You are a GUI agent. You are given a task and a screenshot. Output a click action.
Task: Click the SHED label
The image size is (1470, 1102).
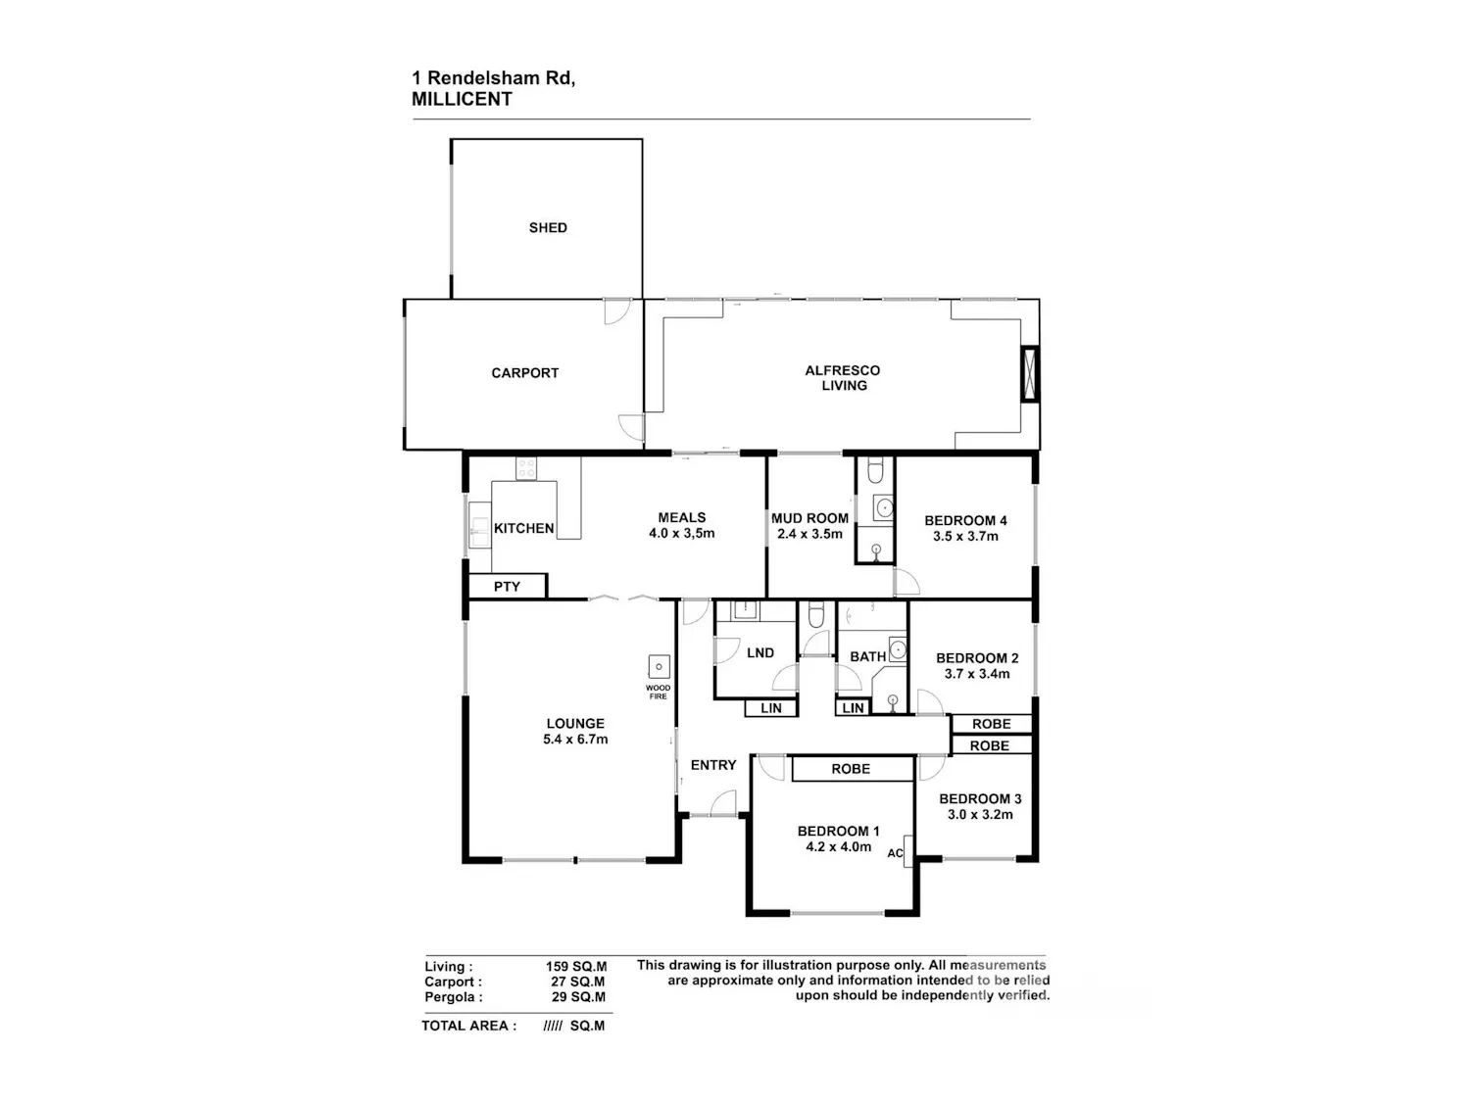pos(548,227)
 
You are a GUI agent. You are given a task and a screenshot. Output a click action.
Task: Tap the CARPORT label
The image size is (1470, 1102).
pos(525,372)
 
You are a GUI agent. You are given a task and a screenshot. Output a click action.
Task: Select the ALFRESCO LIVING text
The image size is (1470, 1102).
pos(843,378)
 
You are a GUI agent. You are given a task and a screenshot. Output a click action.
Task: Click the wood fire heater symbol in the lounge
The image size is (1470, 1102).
pos(659,666)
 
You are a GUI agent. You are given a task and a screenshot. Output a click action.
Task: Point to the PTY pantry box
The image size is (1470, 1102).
pos(508,586)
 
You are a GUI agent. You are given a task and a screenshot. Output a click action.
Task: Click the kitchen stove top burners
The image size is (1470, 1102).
pos(526,468)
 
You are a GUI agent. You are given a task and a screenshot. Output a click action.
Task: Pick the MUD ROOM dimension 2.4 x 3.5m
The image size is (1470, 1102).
pos(809,534)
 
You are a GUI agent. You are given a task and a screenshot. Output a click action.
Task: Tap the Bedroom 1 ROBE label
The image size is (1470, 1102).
pos(852,769)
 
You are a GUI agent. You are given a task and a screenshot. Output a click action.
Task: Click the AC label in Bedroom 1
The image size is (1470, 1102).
pos(895,853)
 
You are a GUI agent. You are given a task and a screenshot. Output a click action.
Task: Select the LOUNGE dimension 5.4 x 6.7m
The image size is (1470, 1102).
pos(575,740)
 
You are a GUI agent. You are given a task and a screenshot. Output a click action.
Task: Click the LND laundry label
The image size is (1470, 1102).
pos(760,653)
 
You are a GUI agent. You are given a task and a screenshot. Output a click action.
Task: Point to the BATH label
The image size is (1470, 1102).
pos(868,657)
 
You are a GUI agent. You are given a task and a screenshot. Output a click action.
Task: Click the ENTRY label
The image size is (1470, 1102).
pos(713,765)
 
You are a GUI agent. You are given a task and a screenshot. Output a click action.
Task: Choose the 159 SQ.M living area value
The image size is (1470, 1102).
pos(576,967)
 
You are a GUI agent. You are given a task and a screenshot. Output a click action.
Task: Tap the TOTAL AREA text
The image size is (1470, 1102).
pos(468,1026)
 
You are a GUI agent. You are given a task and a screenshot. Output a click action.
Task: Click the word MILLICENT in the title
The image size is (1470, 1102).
pos(462,99)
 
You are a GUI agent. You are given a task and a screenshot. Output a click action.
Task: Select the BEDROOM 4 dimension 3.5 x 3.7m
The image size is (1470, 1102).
pos(965,536)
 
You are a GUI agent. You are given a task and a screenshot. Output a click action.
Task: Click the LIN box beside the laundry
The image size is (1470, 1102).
pos(771,708)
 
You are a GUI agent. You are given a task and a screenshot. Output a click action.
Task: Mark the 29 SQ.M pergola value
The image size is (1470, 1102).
pos(578,997)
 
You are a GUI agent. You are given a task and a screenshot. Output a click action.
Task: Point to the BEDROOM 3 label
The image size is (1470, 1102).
pos(980,799)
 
